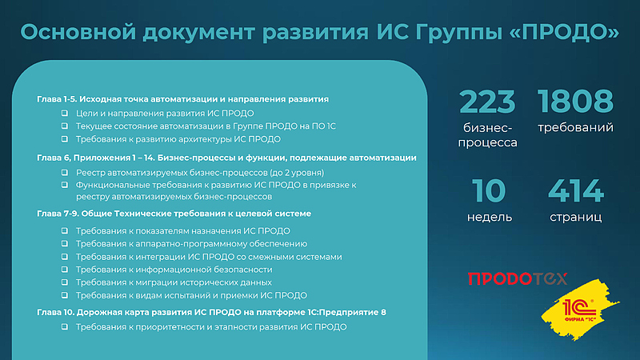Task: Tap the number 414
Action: [x=576, y=190]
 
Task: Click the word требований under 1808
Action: [x=576, y=127]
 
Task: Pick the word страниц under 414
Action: [x=576, y=217]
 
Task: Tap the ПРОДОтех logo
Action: [x=517, y=278]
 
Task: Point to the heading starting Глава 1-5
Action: [x=183, y=99]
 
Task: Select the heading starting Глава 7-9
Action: [x=174, y=214]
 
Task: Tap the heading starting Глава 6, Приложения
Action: [x=226, y=158]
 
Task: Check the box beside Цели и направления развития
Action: [x=65, y=114]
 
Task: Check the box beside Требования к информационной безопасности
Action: [x=65, y=270]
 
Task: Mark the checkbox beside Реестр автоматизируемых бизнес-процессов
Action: [x=65, y=172]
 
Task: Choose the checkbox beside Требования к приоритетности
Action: [x=65, y=327]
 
